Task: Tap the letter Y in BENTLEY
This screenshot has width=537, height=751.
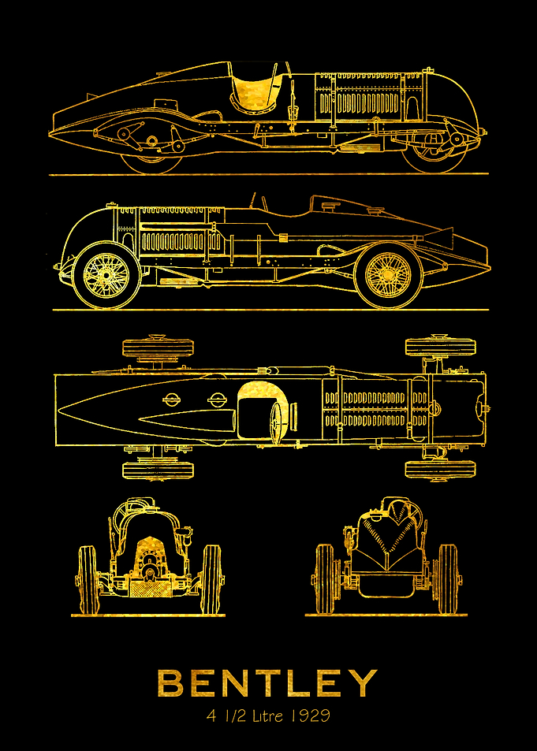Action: coord(363,683)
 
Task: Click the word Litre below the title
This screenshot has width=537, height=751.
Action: coord(266,716)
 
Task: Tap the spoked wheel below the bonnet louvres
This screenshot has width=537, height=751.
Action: coord(106,275)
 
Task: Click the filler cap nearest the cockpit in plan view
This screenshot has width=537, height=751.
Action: coord(217,399)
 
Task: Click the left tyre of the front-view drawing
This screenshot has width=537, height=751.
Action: coord(88,578)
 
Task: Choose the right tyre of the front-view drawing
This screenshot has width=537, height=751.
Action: coord(211,578)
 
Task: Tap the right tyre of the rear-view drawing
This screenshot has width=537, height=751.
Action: coord(448,578)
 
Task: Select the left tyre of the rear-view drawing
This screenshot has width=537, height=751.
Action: coord(325,578)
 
